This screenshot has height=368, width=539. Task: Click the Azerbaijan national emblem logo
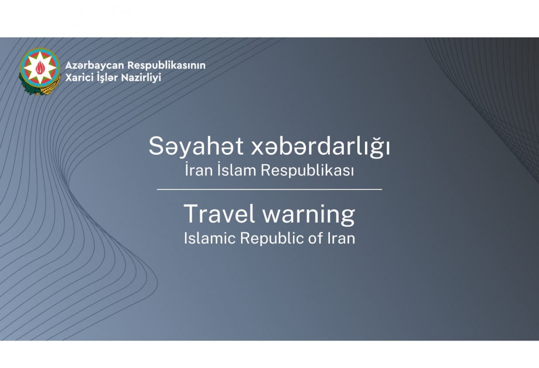click(x=39, y=71)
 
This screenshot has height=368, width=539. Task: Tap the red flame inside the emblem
click(x=40, y=67)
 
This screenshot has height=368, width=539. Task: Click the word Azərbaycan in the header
click(x=94, y=65)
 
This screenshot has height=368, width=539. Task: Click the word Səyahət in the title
click(x=196, y=147)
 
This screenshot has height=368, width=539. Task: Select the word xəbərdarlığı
click(x=321, y=147)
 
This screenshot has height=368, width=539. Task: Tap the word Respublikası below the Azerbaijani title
click(x=307, y=171)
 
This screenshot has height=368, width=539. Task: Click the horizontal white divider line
click(x=270, y=189)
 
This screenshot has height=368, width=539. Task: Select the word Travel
click(x=220, y=214)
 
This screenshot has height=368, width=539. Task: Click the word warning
click(x=309, y=215)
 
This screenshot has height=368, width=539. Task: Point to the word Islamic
click(x=210, y=238)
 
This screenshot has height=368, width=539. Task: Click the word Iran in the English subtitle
click(x=342, y=238)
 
